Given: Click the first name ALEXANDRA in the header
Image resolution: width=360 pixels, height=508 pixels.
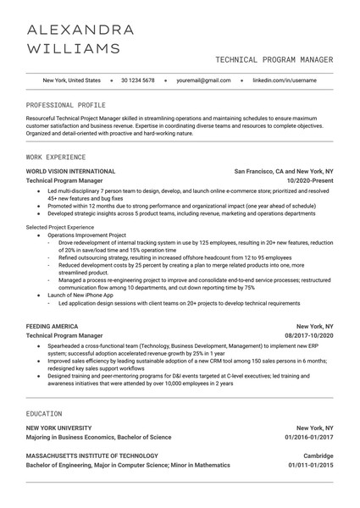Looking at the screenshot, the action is pyautogui.click(x=80, y=30).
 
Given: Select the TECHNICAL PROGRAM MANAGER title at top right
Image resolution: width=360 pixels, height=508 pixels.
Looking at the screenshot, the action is pyautogui.click(x=274, y=60).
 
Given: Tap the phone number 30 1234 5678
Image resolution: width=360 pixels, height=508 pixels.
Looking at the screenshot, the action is pyautogui.click(x=138, y=80).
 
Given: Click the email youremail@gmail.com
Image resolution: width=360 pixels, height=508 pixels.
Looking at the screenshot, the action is pyautogui.click(x=203, y=80).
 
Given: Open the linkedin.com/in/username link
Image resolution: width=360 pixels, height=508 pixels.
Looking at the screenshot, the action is pyautogui.click(x=285, y=80).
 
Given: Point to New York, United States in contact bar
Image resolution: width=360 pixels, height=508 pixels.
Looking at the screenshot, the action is pyautogui.click(x=71, y=80).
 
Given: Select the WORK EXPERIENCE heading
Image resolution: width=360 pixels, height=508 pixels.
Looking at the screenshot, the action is pyautogui.click(x=56, y=157).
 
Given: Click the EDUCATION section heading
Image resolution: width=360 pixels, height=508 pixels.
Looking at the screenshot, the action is pyautogui.click(x=44, y=413).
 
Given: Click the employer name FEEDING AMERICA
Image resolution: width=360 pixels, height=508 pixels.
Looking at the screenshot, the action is pyautogui.click(x=53, y=326).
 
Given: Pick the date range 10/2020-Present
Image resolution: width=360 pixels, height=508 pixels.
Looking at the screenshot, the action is pyautogui.click(x=310, y=181).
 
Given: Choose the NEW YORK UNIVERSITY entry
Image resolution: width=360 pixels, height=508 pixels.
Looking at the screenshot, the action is pyautogui.click(x=59, y=428).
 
